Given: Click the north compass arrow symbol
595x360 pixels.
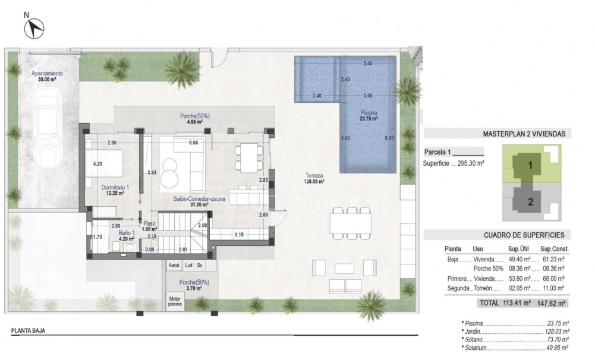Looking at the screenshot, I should coord(36,26).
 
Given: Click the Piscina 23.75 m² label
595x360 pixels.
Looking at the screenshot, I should coord(369,115).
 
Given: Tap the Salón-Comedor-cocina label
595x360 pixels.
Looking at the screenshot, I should coord(199,201).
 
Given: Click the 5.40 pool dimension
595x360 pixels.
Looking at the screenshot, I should coord(367,63).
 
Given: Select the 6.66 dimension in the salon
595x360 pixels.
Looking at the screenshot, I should coord(193,143).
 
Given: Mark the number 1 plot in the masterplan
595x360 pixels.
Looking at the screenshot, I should coord(528,162).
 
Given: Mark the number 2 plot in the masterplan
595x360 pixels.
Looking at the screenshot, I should coord(530,201).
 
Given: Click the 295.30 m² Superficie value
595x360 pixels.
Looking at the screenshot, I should coord(472,163).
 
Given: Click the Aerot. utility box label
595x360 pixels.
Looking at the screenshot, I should coord(175,266).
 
